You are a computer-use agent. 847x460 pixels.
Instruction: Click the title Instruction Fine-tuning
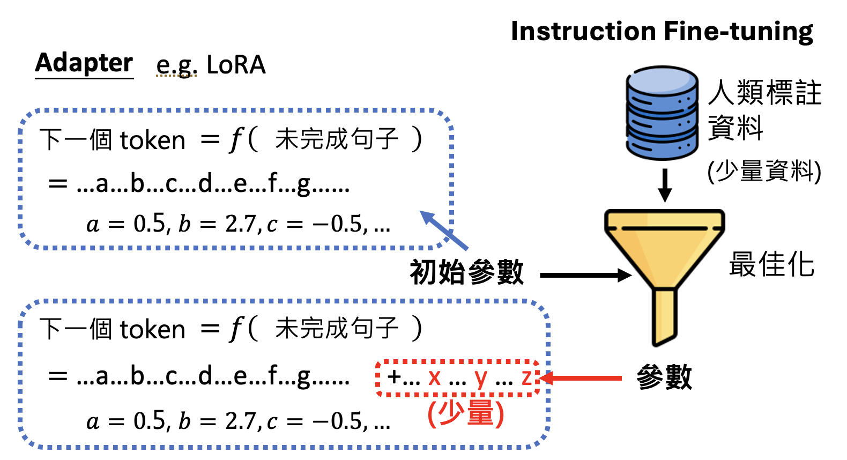[x=662, y=31]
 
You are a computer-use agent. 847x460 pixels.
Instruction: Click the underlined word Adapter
[x=84, y=63]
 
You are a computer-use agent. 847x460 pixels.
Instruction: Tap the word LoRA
[x=236, y=65]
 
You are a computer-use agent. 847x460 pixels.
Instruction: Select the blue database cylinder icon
[x=662, y=113]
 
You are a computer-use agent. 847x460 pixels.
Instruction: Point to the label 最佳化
[x=771, y=264]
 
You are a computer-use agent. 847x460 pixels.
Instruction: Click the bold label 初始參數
[x=466, y=272]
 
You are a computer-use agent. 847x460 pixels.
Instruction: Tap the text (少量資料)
[x=764, y=172]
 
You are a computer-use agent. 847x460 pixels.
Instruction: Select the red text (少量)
[x=466, y=413]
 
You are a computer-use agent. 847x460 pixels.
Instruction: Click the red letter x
[x=434, y=377]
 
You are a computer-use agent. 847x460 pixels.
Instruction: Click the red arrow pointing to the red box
[x=582, y=378]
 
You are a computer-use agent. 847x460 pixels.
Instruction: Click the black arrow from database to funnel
[x=665, y=186]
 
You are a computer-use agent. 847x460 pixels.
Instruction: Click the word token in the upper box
[x=152, y=140]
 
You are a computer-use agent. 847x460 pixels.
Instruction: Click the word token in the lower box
[x=152, y=329]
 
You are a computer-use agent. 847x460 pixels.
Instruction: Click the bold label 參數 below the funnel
[x=664, y=377]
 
